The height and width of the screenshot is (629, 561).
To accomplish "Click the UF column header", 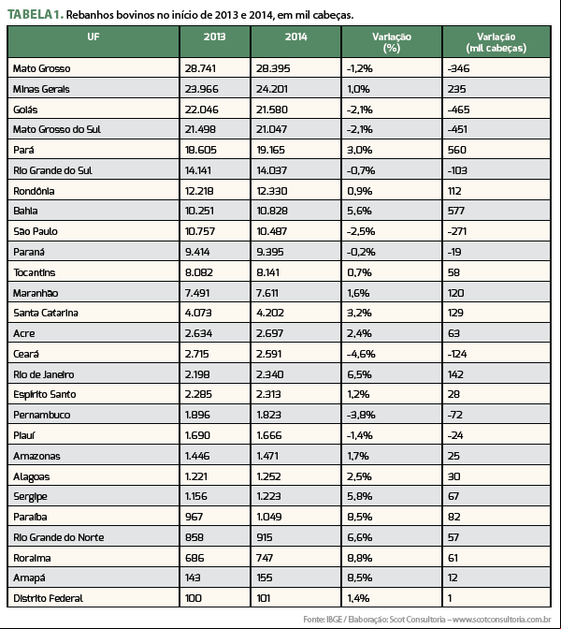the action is click(x=93, y=37).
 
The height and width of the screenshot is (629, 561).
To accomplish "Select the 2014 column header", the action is click(x=295, y=37).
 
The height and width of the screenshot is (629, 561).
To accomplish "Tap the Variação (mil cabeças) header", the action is click(x=496, y=42).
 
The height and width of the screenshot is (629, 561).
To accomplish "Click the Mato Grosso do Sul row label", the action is click(x=56, y=129).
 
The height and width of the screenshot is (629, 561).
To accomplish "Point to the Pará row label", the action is click(x=23, y=150).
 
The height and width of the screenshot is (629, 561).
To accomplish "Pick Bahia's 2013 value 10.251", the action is click(x=199, y=211).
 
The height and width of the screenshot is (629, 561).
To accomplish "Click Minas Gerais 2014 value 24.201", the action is click(x=272, y=89).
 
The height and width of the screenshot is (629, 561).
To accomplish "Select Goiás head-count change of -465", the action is click(x=458, y=110).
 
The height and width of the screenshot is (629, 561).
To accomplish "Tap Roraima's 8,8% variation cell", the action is click(x=359, y=558).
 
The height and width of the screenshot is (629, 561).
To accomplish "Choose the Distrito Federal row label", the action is click(x=48, y=598).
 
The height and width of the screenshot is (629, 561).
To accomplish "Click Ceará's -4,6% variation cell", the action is click(x=361, y=354).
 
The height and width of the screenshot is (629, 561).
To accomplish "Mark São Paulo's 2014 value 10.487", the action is click(x=272, y=231).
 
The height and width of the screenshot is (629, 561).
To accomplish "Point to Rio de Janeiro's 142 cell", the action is click(x=455, y=374).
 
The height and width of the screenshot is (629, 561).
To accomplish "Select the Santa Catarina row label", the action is click(x=46, y=313).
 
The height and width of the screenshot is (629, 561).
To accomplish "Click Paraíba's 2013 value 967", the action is click(x=194, y=517).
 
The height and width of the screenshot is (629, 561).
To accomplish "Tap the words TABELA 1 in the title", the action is click(x=36, y=14).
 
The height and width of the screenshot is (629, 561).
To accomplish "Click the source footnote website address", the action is click(x=502, y=620).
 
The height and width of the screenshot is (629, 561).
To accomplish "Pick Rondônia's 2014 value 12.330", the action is click(x=272, y=191).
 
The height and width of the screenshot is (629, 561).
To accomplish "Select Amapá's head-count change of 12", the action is click(x=453, y=578).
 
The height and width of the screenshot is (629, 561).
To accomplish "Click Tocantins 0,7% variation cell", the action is click(x=359, y=272).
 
